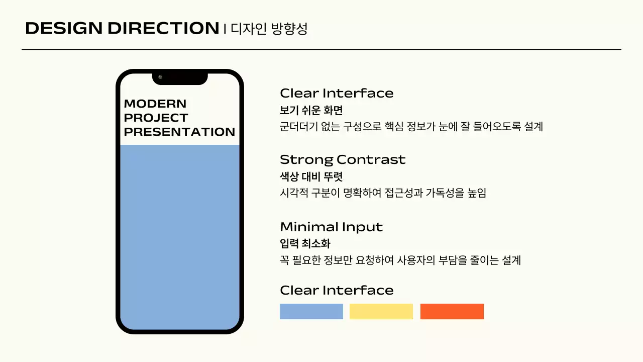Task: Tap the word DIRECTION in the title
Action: pos(163,29)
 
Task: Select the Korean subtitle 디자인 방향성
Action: pos(269,29)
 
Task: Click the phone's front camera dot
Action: pos(160,77)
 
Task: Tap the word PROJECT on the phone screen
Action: pos(156,118)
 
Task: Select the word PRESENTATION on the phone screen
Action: pos(179,132)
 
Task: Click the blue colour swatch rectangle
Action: pos(311,311)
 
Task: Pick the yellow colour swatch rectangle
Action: pos(381,311)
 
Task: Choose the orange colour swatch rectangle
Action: pos(452,311)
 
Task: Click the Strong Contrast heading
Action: pos(343,160)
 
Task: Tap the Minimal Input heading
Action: pos(332,227)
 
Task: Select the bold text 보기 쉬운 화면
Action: pos(311,110)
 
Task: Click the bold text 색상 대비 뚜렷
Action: pos(311,177)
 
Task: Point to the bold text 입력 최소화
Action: pos(305,244)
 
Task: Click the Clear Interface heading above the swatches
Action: pos(337,290)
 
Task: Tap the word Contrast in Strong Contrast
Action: pos(371,160)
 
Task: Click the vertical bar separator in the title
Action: pos(225,29)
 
